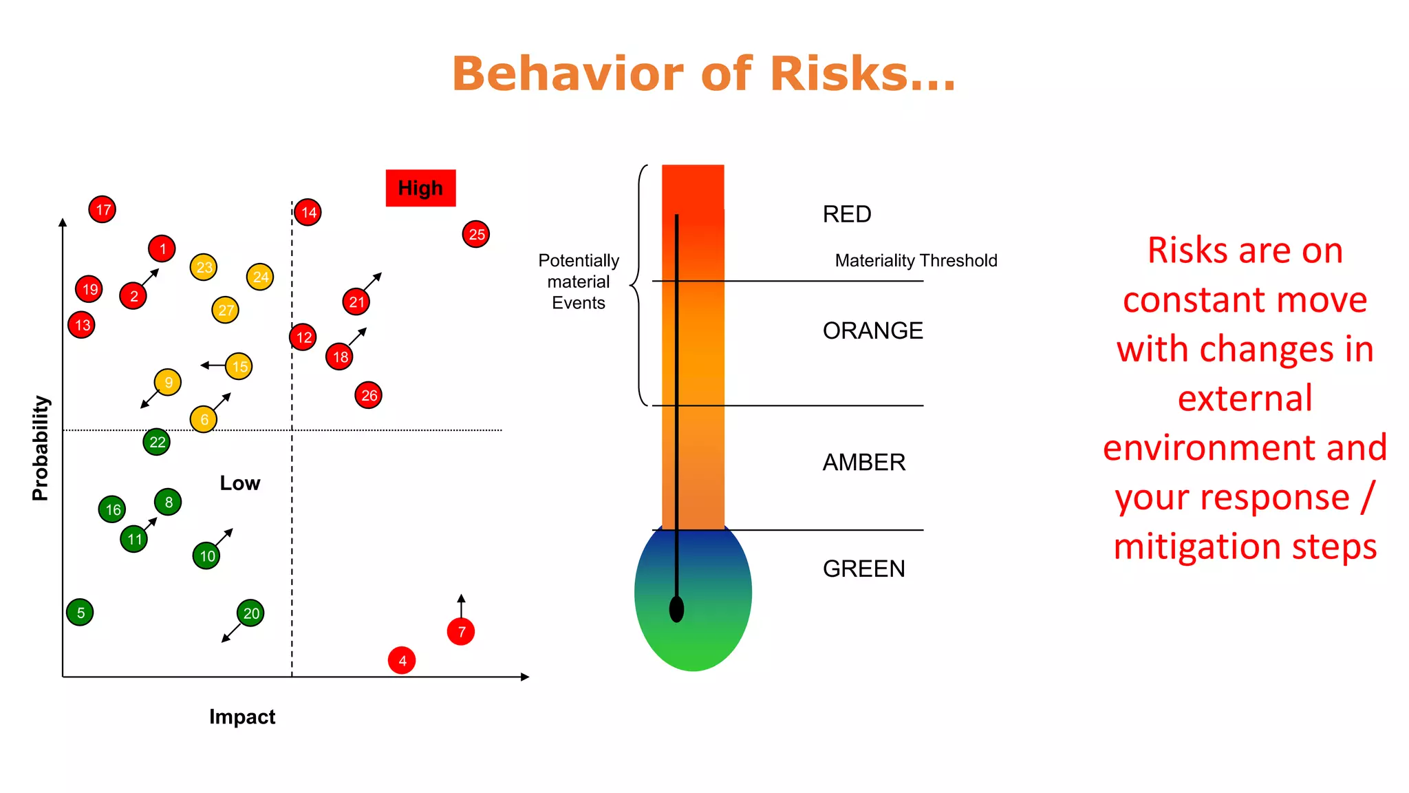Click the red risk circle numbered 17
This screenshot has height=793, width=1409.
click(103, 209)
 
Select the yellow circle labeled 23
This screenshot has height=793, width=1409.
click(204, 267)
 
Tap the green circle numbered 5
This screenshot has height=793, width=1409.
click(80, 612)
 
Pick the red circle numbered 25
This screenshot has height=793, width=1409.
click(476, 234)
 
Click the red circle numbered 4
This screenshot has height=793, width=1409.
click(402, 661)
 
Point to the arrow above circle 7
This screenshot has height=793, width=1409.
click(461, 605)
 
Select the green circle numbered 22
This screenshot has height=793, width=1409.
click(157, 442)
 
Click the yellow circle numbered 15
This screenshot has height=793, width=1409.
click(239, 366)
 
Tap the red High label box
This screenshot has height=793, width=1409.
click(420, 188)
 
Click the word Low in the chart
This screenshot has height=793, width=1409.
click(239, 483)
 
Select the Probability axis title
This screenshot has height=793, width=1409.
click(41, 447)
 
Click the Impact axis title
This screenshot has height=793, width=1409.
click(242, 717)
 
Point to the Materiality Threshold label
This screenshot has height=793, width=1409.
click(916, 261)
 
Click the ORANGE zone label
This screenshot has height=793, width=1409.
click(872, 330)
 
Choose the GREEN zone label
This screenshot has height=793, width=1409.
click(863, 569)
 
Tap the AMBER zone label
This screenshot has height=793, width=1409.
click(863, 462)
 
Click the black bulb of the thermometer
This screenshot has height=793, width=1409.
click(676, 609)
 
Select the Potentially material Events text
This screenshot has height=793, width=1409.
click(579, 282)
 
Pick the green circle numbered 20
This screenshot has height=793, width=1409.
click(250, 613)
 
